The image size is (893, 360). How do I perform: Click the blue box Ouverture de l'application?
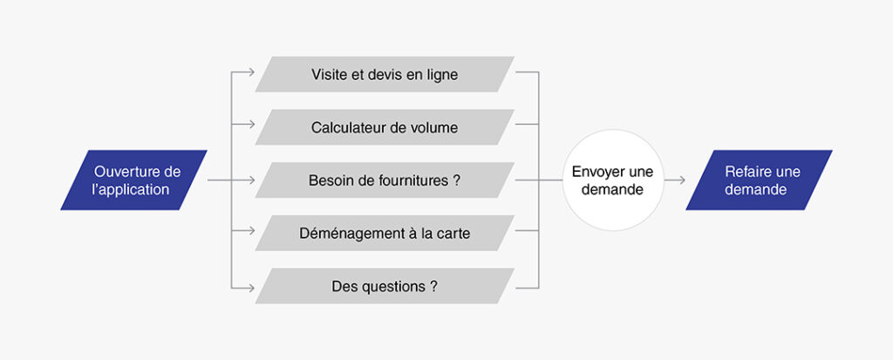(133, 180)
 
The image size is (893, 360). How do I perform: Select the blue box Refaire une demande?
(760, 180)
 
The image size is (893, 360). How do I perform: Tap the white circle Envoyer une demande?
(613, 180)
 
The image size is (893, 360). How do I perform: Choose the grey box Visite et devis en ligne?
(385, 74)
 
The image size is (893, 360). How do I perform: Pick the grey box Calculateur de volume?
(385, 127)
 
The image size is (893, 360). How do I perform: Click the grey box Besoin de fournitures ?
(385, 180)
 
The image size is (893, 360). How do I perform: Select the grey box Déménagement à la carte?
(385, 233)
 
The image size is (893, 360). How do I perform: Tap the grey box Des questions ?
(385, 286)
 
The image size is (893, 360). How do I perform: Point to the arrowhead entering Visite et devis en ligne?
(251, 72)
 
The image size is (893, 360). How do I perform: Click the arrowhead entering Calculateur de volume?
(251, 124)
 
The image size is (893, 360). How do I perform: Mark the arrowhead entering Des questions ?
(251, 288)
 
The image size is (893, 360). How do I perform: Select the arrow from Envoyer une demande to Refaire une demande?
(675, 180)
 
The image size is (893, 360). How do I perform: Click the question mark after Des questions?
(434, 287)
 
